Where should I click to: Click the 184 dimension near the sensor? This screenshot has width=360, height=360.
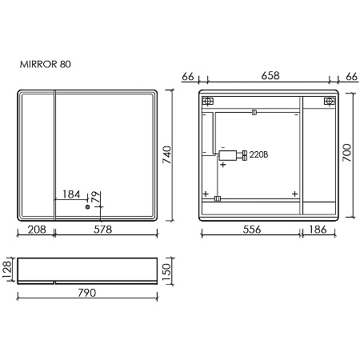click(x=71, y=194)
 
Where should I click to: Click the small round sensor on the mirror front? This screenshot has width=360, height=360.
click(x=89, y=206)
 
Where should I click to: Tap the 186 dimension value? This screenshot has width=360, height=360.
click(x=318, y=230)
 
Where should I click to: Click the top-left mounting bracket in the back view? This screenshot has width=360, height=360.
click(x=208, y=102)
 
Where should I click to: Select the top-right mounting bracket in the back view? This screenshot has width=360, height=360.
click(x=328, y=102)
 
